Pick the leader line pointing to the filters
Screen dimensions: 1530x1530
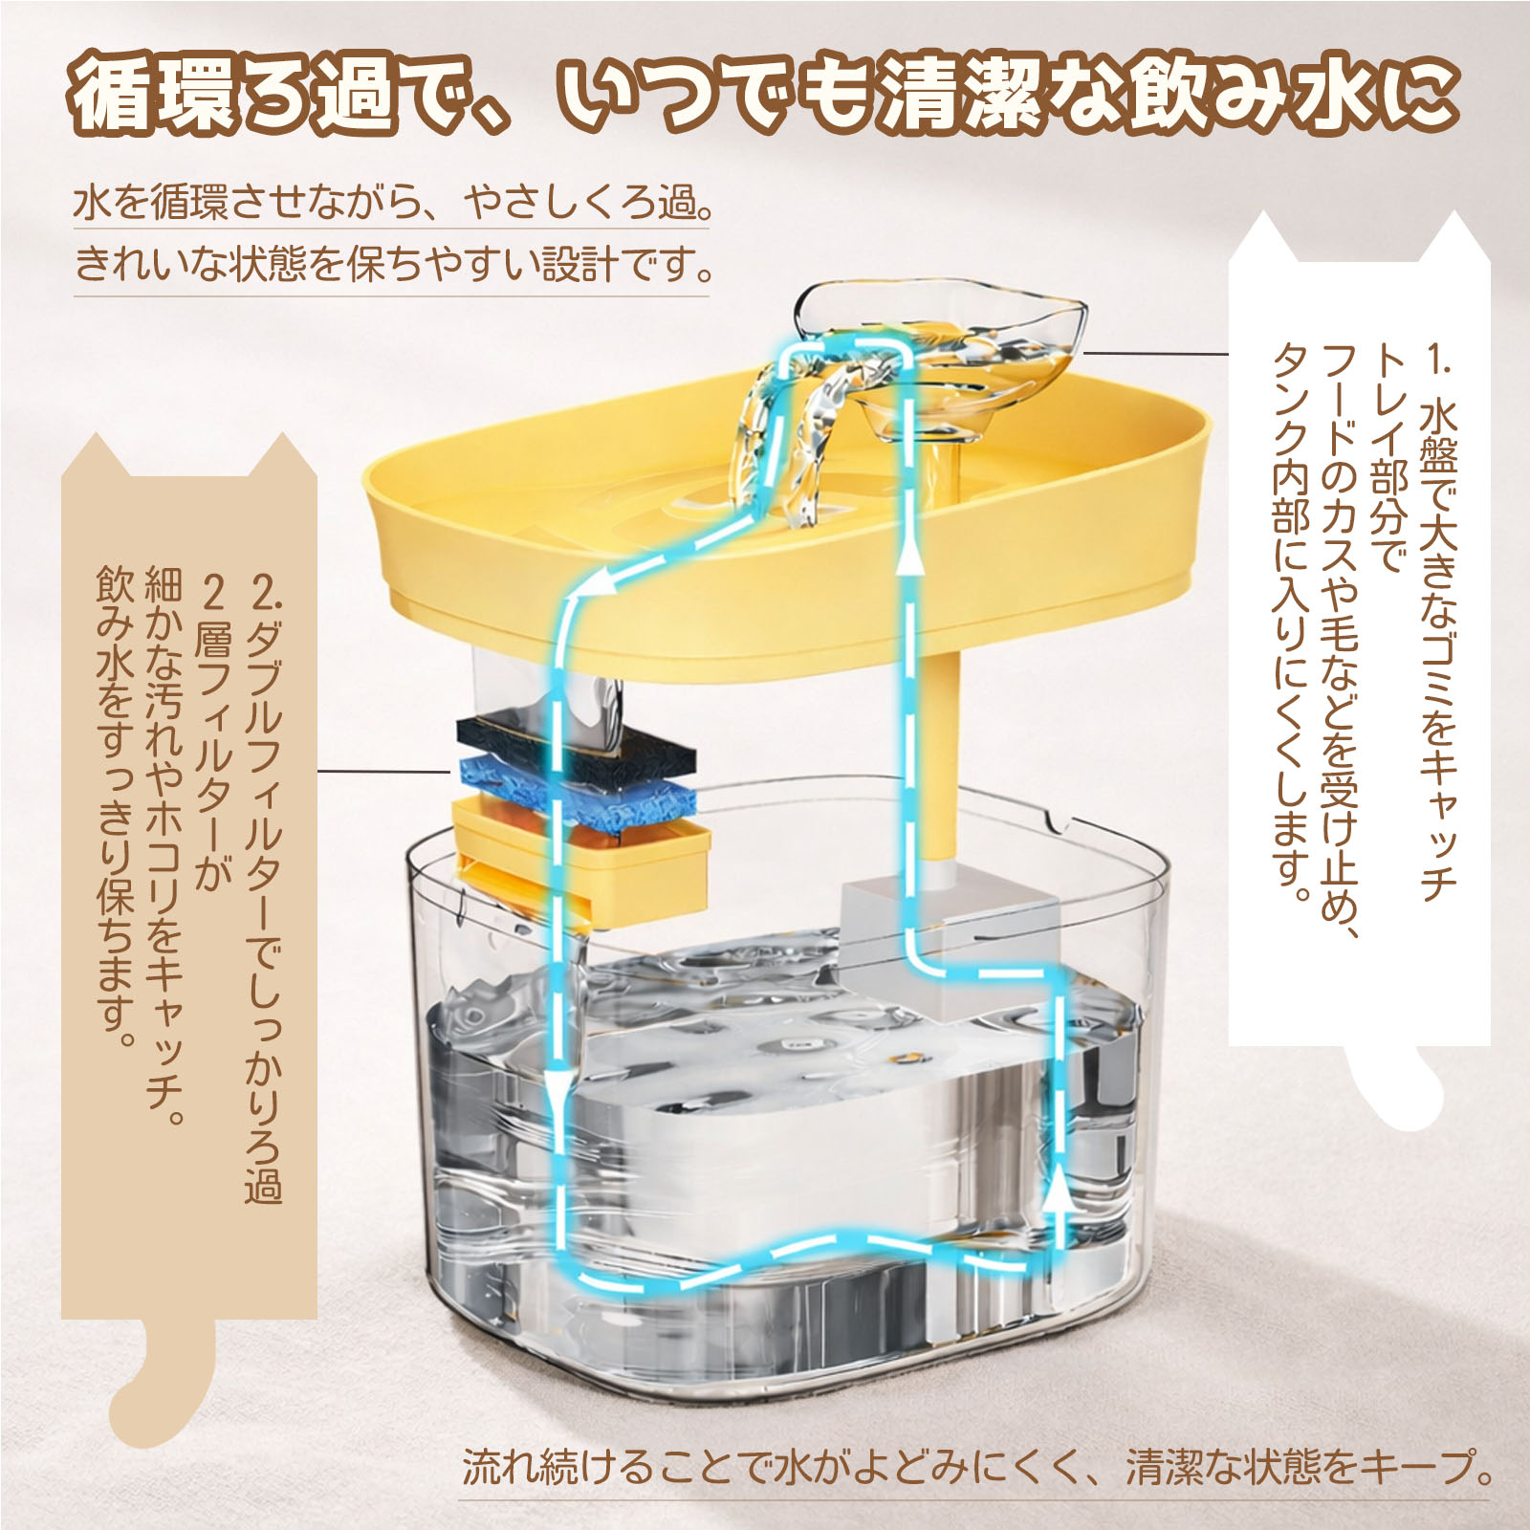coord(383,771)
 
